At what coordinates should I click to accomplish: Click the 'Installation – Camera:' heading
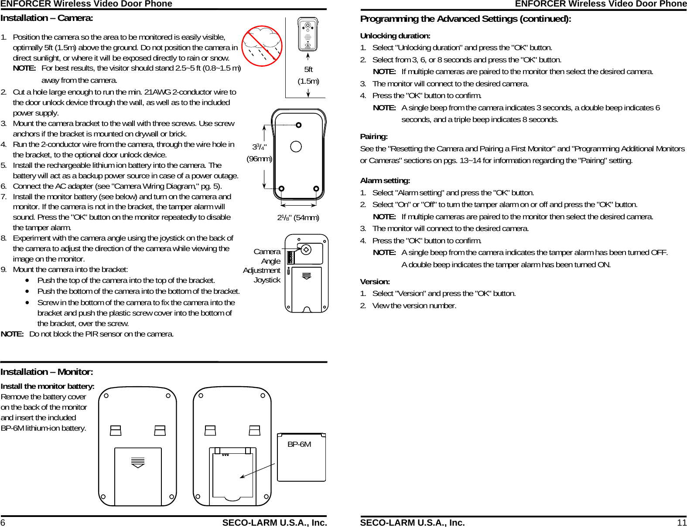point(47,18)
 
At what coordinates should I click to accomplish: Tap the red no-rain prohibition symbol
point(262,46)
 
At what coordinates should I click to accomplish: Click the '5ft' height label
point(308,69)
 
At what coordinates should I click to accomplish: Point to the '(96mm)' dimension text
point(259,159)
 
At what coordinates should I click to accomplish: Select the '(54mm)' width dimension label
point(306,218)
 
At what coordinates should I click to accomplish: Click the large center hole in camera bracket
point(296,146)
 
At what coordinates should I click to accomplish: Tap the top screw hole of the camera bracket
point(298,126)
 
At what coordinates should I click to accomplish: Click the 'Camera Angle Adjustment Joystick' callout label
point(263,265)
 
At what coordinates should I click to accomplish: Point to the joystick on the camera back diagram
point(306,250)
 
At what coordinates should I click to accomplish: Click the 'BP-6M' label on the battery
point(299,444)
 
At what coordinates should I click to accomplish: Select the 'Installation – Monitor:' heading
point(47,372)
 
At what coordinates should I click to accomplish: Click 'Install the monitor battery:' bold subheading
point(48,386)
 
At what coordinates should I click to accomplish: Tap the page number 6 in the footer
point(3,523)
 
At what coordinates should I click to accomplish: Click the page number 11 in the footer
point(682,523)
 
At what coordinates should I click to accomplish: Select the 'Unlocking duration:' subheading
point(395,36)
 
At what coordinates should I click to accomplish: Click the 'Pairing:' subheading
point(374,137)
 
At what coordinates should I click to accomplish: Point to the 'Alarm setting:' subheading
point(385,180)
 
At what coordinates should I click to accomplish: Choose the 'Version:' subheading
point(375,282)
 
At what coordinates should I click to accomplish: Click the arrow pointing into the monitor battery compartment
point(257,471)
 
